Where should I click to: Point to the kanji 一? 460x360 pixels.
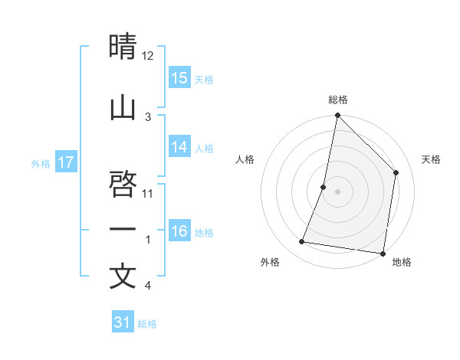pos(123,229)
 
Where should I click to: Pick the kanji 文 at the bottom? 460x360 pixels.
pos(123,277)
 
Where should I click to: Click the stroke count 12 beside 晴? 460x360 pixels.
pos(148,56)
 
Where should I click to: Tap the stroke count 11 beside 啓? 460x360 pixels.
pos(149,193)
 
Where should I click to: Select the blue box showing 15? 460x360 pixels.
pos(179,77)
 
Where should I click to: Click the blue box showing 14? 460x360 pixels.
pos(179,147)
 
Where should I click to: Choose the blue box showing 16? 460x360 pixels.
pos(179,231)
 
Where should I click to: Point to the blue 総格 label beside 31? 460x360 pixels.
pos(147,324)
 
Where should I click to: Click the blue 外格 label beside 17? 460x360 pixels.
pos(41,163)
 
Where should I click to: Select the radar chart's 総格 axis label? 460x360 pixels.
pos(338,100)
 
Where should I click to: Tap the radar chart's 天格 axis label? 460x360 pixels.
pos(432,159)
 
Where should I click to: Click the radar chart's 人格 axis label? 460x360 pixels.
pos(245,159)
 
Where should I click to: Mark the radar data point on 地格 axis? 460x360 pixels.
pos(383,253)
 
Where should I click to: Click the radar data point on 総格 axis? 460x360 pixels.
pos(337,116)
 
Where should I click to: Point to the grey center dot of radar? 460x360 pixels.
pos(337,191)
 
